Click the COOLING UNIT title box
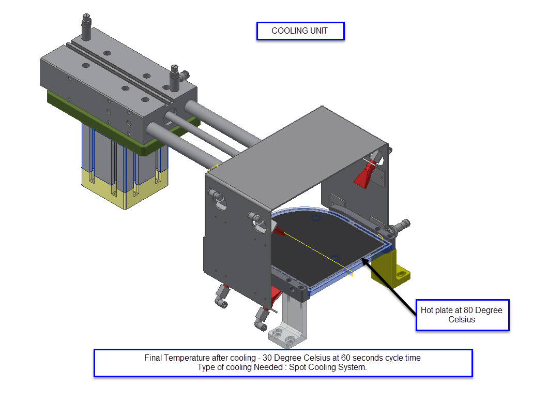coord(300,31)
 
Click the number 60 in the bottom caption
coord(346,358)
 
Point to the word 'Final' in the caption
coord(153,358)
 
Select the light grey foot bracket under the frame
coord(287,321)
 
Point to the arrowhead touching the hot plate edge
coord(364,261)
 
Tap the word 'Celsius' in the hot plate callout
coord(462,320)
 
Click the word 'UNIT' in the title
coord(319,31)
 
